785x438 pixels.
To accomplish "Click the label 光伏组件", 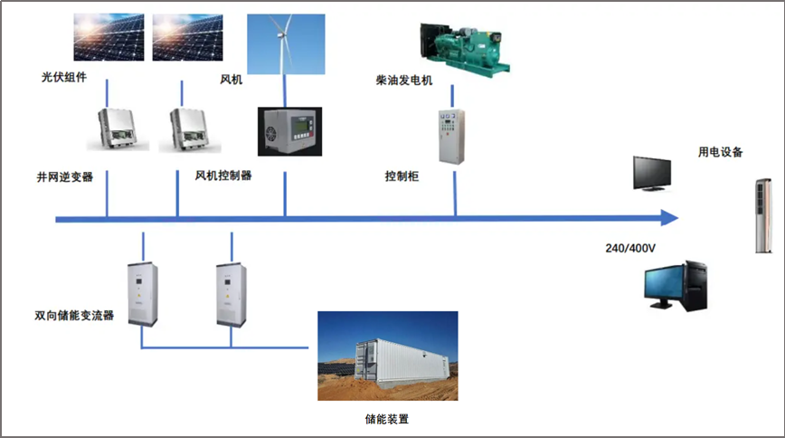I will pyautogui.click(x=63, y=78).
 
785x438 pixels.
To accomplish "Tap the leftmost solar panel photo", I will pyautogui.click(x=109, y=36).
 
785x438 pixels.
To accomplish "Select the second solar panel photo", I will pyautogui.click(x=189, y=36).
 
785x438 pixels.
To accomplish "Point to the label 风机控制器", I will pyautogui.click(x=223, y=176).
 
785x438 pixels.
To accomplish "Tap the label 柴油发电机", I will pyautogui.click(x=404, y=81).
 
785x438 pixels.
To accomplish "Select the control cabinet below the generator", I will pyautogui.click(x=450, y=137).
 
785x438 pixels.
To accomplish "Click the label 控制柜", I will pyautogui.click(x=402, y=176).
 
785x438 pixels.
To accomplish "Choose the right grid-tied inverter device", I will pyautogui.click(x=190, y=128).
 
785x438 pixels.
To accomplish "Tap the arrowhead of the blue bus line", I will pyautogui.click(x=668, y=218).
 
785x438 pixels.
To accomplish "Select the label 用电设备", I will pyautogui.click(x=720, y=152).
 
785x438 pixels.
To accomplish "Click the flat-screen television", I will pyautogui.click(x=652, y=173).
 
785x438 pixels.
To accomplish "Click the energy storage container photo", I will pyautogui.click(x=387, y=356).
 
